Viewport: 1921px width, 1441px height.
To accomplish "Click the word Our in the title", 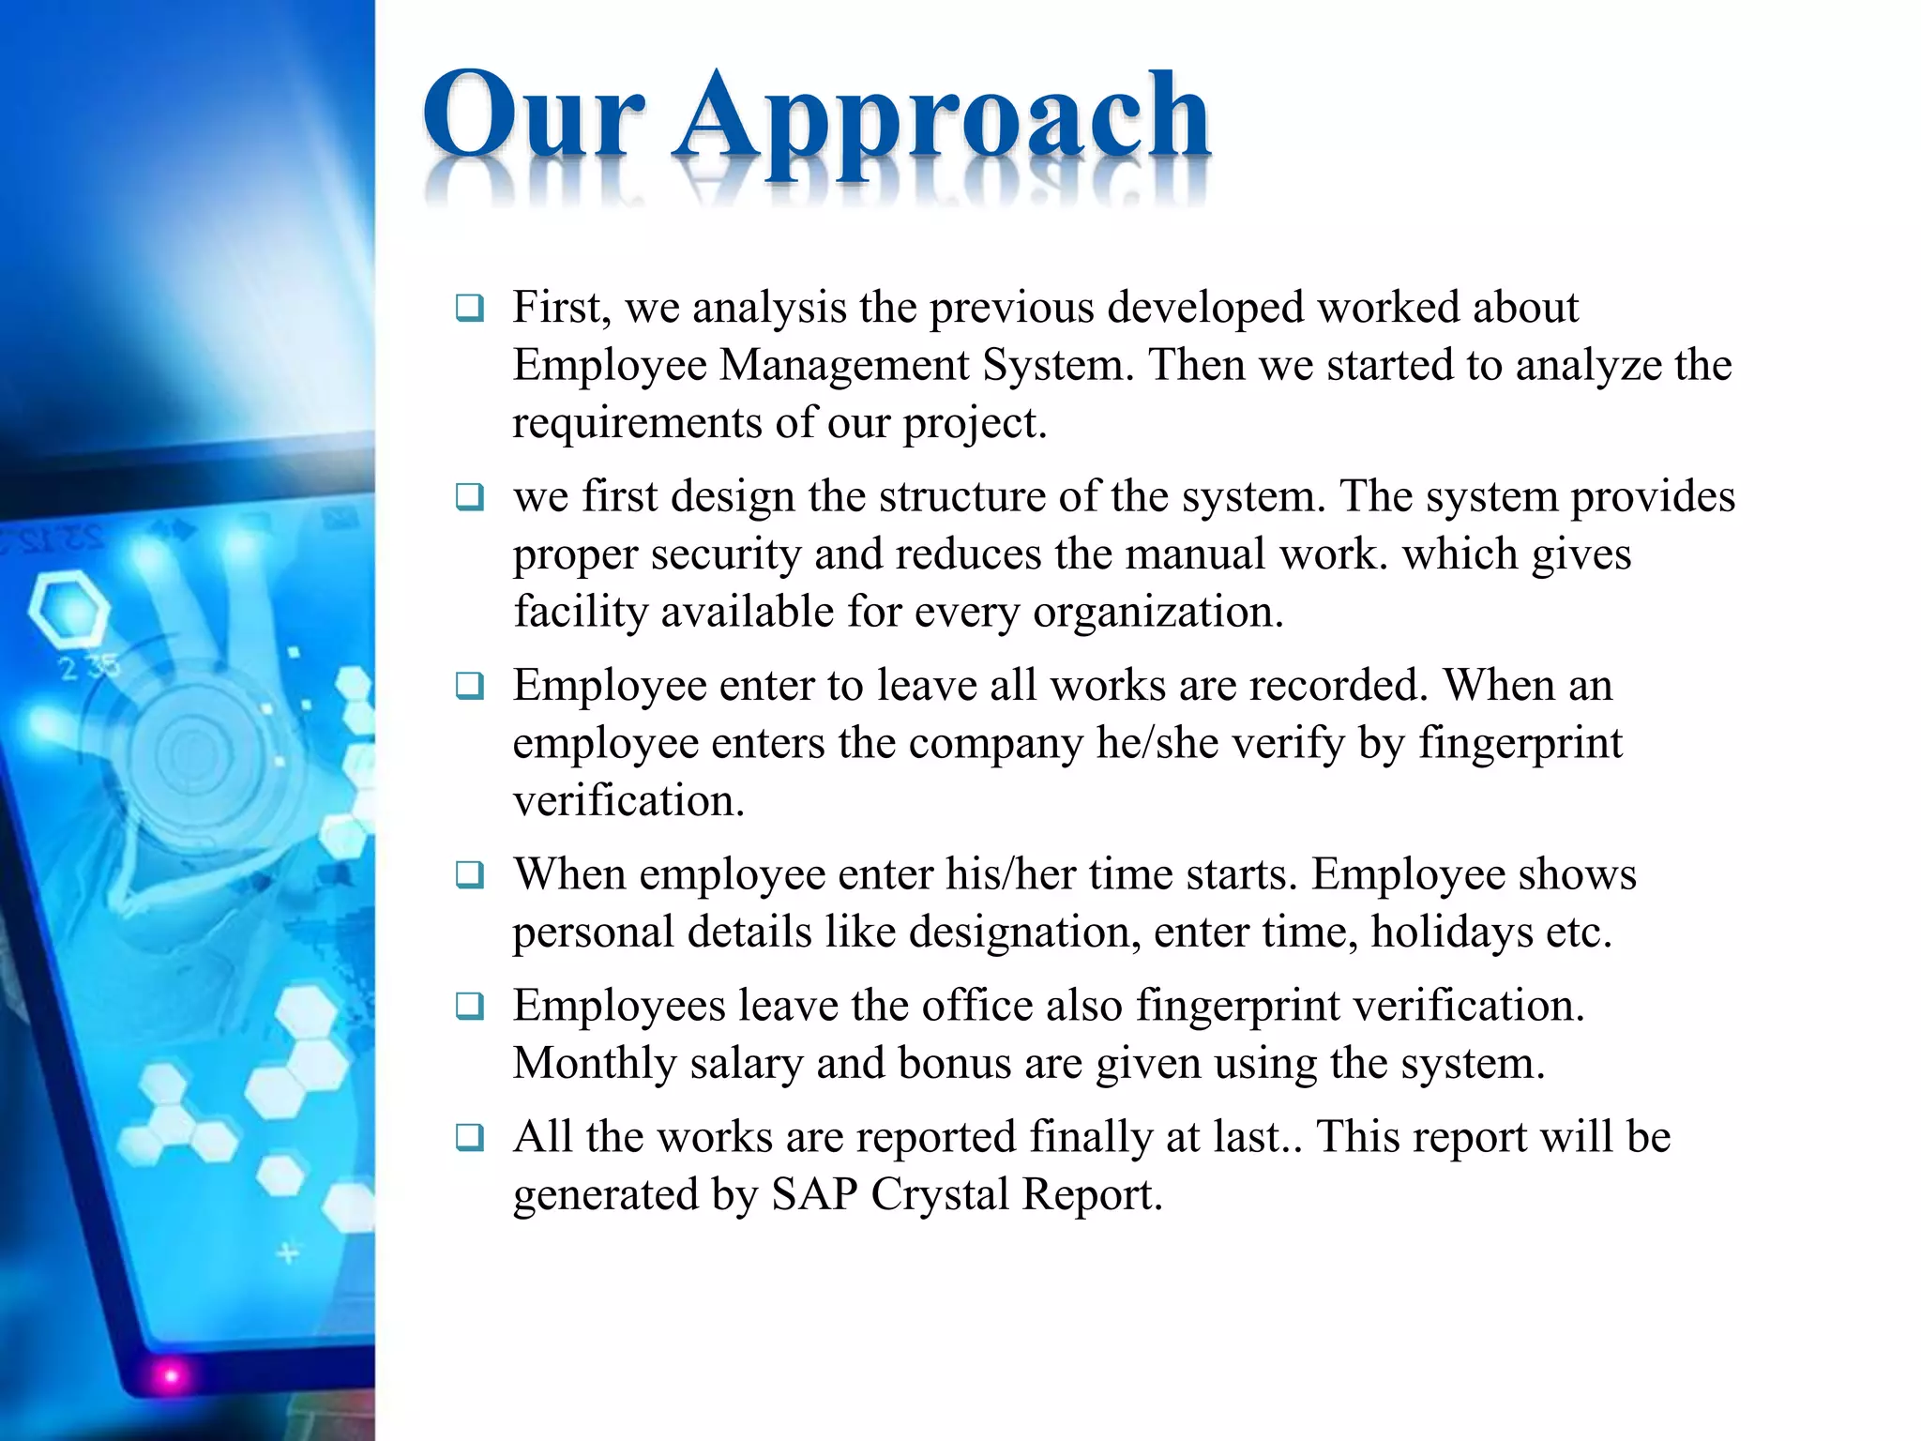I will (533, 116).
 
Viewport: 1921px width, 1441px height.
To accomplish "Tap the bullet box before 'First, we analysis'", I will (469, 308).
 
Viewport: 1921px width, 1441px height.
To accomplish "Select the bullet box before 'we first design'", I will (469, 496).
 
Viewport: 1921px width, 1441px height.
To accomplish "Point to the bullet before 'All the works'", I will (469, 1137).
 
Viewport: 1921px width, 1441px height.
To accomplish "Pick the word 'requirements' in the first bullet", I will (637, 424).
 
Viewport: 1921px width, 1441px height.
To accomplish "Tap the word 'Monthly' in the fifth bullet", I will (595, 1064).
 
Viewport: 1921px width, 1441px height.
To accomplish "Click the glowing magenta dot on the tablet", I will (171, 1376).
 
